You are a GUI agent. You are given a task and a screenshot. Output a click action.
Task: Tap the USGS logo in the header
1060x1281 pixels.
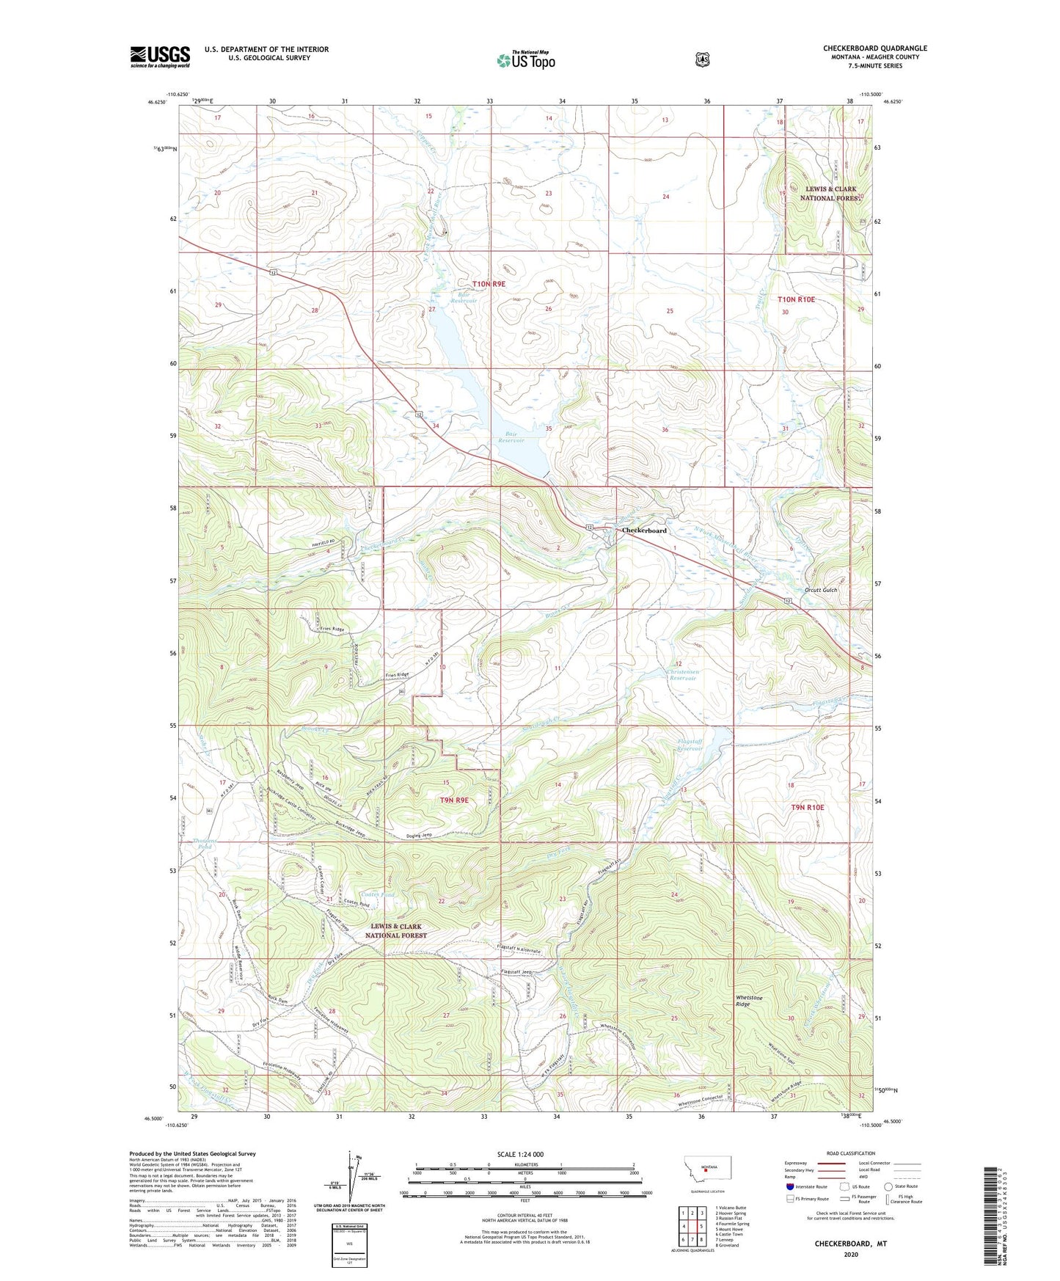pyautogui.click(x=160, y=56)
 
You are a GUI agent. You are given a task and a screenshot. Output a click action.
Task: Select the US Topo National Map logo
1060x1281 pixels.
pyautogui.click(x=525, y=60)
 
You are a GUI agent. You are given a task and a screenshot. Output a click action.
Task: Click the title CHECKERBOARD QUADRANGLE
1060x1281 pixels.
pyautogui.click(x=874, y=48)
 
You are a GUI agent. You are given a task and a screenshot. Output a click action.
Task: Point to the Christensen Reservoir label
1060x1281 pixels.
pyautogui.click(x=682, y=674)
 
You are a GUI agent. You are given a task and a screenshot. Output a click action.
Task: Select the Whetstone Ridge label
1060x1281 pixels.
pyautogui.click(x=749, y=1001)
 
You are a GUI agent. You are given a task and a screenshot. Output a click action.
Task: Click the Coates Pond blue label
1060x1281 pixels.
pyautogui.click(x=378, y=894)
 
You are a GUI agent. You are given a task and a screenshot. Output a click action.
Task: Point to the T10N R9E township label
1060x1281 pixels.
pyautogui.click(x=489, y=283)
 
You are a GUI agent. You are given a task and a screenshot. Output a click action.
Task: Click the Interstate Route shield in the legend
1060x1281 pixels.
pyautogui.click(x=789, y=1186)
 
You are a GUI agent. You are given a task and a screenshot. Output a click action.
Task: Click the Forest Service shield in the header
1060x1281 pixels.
pyautogui.click(x=702, y=59)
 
